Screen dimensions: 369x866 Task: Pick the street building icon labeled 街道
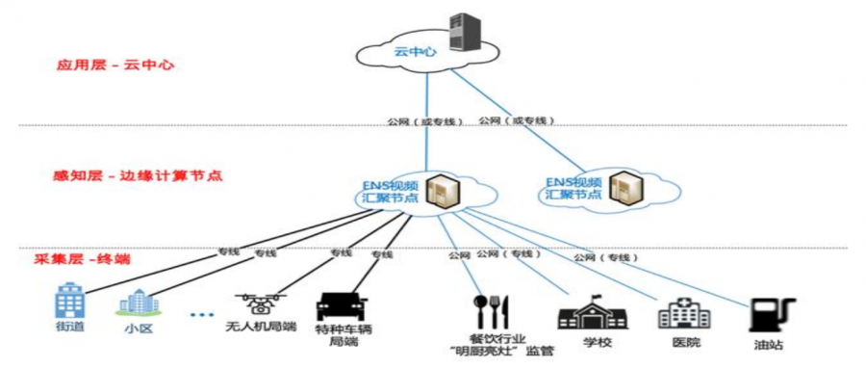tap(68, 301)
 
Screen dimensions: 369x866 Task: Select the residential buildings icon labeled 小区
tap(138, 303)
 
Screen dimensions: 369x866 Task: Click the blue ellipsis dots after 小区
tap(200, 315)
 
